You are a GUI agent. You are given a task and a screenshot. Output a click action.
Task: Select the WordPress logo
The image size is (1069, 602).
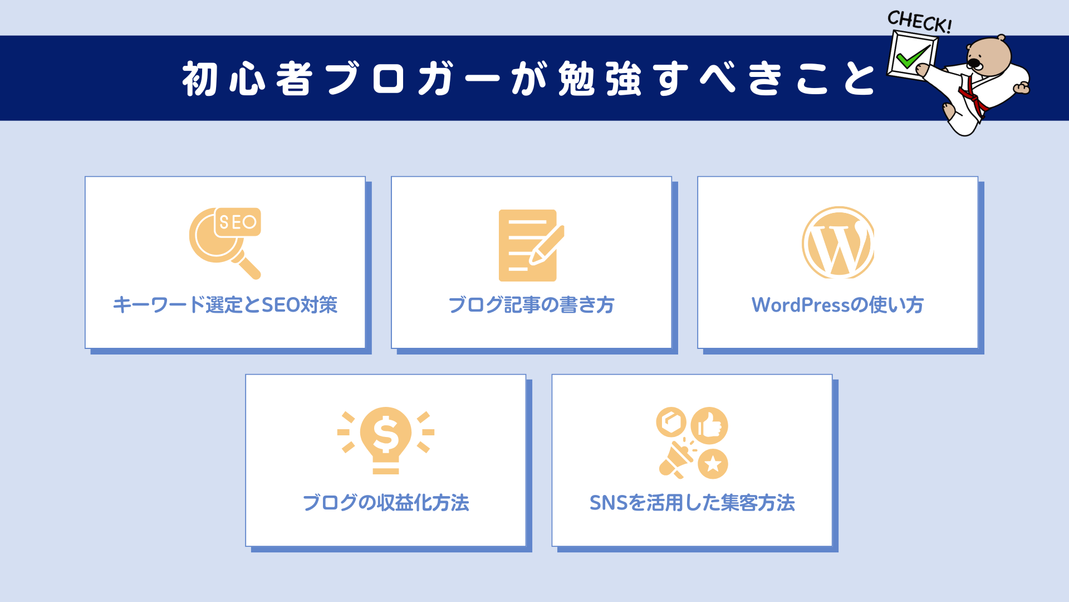point(838,243)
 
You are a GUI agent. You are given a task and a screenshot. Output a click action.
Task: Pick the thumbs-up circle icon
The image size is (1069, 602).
point(709,426)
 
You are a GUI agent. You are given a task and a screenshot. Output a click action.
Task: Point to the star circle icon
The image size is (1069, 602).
point(713,464)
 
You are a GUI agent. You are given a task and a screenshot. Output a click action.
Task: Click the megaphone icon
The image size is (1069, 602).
point(675,460)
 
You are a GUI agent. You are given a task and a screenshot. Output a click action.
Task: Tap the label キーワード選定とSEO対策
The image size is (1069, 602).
point(225,305)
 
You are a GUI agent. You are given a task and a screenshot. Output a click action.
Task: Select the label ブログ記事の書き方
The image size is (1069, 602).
point(531,305)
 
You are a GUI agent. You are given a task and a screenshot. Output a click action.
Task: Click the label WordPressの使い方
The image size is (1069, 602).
point(837,305)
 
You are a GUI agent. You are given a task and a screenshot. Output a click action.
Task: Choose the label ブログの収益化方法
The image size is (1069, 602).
point(385,503)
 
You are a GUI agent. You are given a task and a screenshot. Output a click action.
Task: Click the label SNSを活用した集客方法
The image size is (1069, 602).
point(692,503)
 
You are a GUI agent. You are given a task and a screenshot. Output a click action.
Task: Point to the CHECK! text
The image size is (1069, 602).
point(919,21)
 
